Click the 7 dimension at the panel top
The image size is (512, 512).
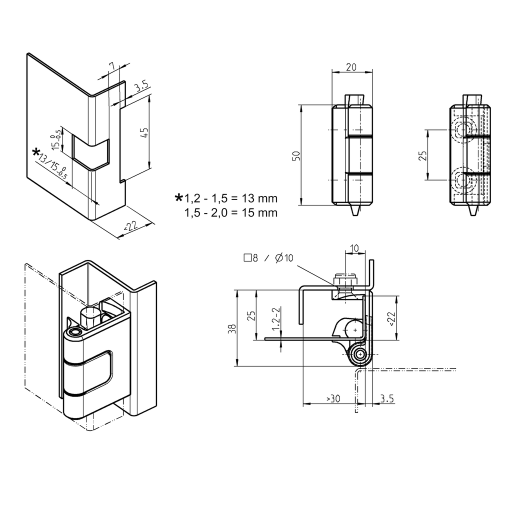coord(112,66)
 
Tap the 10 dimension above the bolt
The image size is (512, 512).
coord(354,248)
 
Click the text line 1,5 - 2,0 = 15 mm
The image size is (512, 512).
coord(230,212)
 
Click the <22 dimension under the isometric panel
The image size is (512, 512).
coord(131,226)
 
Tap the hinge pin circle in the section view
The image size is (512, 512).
coord(359,355)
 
